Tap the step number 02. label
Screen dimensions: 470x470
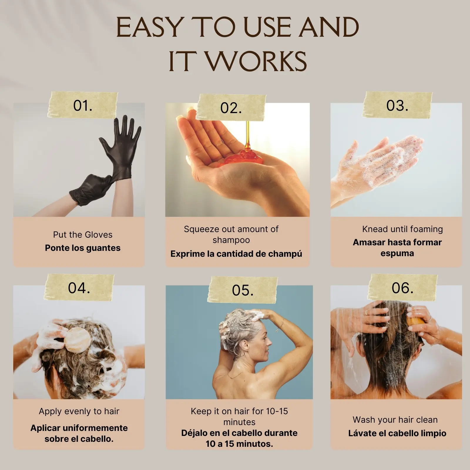231,108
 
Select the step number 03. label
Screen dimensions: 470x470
397,105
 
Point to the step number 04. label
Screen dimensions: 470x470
79,288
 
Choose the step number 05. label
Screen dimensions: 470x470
243,290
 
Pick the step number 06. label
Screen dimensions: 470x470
402,288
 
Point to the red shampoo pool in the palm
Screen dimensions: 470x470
248,157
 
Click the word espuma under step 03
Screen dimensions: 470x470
397,254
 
